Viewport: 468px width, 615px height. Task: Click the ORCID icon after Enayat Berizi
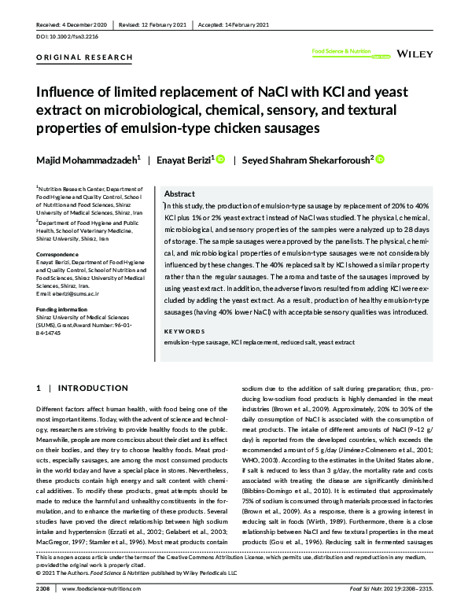click(220, 160)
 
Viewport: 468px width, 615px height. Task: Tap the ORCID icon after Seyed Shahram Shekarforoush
click(380, 160)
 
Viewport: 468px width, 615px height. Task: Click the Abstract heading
click(179, 193)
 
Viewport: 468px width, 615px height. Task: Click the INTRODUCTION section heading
click(88, 389)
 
